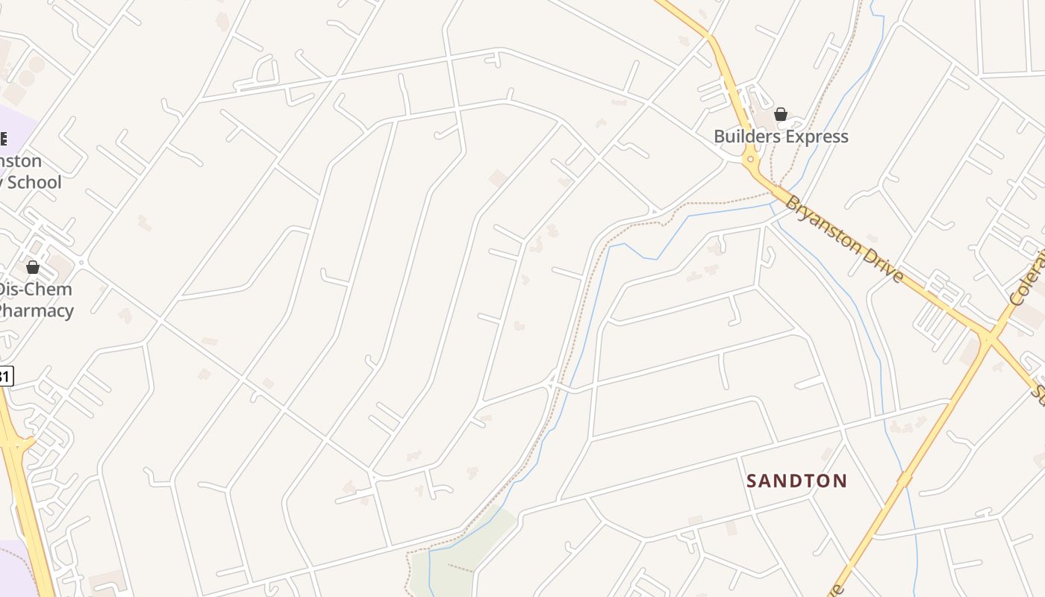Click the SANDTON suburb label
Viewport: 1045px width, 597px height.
coord(796,481)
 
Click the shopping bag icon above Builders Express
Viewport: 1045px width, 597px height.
coord(780,114)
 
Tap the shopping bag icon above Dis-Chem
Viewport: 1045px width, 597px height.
coord(33,266)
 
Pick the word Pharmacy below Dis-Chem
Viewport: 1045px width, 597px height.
coord(36,310)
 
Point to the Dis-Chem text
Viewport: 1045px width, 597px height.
coord(35,290)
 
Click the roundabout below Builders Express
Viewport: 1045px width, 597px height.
coord(750,159)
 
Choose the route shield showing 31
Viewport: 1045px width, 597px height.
coord(4,376)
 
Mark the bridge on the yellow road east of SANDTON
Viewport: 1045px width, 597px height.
coord(904,480)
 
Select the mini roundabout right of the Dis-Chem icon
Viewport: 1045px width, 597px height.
coord(81,263)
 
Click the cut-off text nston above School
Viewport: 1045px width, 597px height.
coord(21,161)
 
